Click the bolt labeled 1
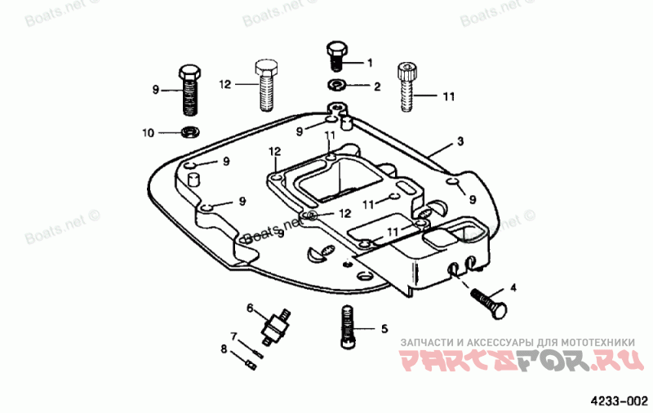pyautogui.click(x=336, y=54)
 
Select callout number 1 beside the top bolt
pyautogui.click(x=369, y=62)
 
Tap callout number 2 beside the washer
pyautogui.click(x=377, y=86)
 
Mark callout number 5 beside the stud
pyautogui.click(x=384, y=329)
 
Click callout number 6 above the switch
pyautogui.click(x=251, y=307)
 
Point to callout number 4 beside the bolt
pyautogui.click(x=513, y=287)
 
